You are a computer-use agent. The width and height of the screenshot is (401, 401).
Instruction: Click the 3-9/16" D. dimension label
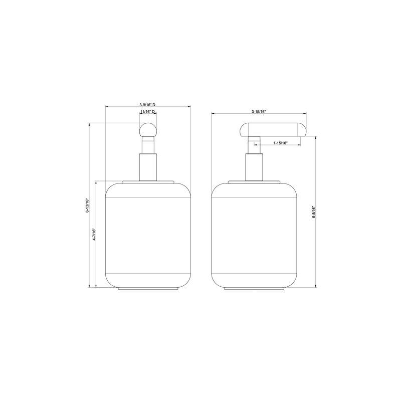click(x=148, y=105)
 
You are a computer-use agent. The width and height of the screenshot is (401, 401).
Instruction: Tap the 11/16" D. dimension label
click(x=148, y=112)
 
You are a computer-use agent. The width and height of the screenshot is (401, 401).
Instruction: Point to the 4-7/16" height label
click(x=94, y=234)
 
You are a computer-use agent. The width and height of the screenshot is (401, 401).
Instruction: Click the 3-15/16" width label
click(x=259, y=111)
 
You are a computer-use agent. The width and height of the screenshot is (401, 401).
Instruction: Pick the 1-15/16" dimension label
click(x=281, y=143)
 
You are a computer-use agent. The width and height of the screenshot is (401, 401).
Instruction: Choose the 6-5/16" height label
click(x=314, y=212)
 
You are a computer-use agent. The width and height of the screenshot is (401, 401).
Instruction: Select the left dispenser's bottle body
click(x=148, y=236)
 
